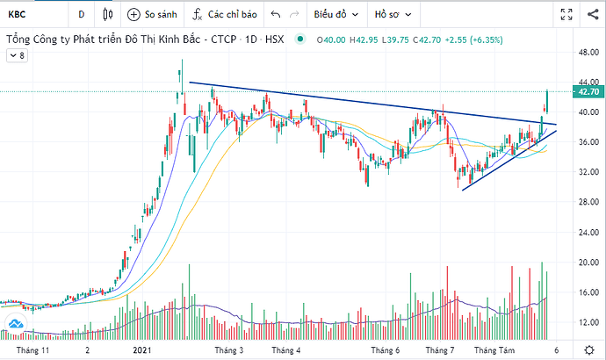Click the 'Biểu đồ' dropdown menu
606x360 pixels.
pos(334,14)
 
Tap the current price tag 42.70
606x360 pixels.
pos(587,91)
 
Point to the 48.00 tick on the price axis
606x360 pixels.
pos(586,52)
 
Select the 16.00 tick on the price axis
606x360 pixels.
pos(586,292)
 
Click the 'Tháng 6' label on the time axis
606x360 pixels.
pos(384,349)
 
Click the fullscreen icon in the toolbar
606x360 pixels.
pos(566,14)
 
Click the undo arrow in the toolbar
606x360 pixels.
pos(276,14)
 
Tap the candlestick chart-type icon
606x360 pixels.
pos(108,14)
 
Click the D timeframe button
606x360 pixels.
pos(81,14)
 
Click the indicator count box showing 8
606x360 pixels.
pos(17,55)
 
